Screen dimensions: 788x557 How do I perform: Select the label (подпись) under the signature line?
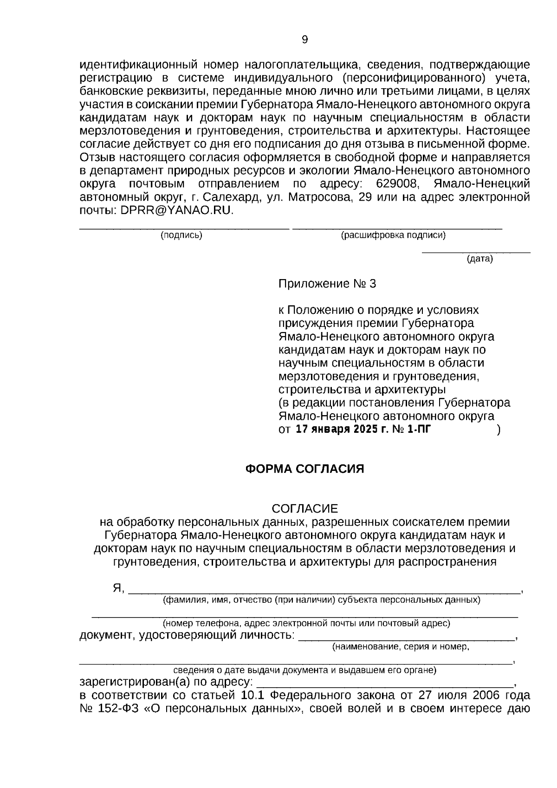point(181,235)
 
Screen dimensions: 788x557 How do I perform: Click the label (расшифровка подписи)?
point(393,235)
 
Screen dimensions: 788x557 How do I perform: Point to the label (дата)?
point(479,259)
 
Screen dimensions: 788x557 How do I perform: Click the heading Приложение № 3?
point(327,284)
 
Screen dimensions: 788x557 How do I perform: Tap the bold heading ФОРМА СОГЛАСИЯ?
point(304,469)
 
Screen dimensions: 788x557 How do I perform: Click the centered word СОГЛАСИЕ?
point(304,508)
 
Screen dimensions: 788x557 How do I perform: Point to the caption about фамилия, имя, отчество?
point(321,600)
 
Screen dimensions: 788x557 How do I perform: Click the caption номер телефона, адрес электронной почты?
point(306,624)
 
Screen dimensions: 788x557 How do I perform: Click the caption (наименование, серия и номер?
point(401,647)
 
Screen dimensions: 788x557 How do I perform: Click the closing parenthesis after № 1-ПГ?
point(498,430)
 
